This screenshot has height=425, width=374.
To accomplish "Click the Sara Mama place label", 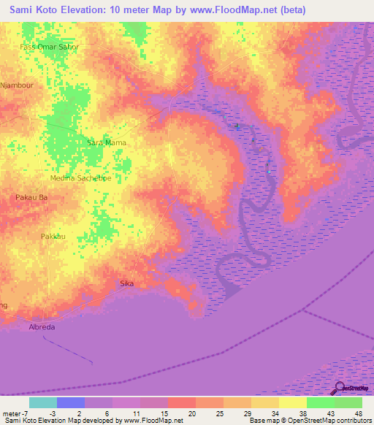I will [x=106, y=142].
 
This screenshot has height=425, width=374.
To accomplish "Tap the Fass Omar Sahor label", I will [x=49, y=47].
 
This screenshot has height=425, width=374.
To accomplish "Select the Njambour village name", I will [x=18, y=84].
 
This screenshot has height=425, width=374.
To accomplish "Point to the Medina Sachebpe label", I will [x=80, y=178].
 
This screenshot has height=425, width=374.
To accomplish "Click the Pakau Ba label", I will [x=31, y=197].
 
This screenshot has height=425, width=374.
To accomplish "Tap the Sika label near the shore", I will [x=126, y=283].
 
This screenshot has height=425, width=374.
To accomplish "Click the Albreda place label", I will [x=42, y=327].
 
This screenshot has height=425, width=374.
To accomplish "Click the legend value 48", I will [x=358, y=413].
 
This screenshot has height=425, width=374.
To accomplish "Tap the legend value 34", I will [x=274, y=413].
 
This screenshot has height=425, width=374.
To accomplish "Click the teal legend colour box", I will [x=42, y=402].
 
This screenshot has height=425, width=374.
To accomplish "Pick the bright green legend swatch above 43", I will [x=321, y=402].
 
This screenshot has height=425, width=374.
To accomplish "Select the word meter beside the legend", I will [x=14, y=413].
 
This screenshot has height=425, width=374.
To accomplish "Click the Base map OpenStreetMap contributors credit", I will [x=308, y=421].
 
